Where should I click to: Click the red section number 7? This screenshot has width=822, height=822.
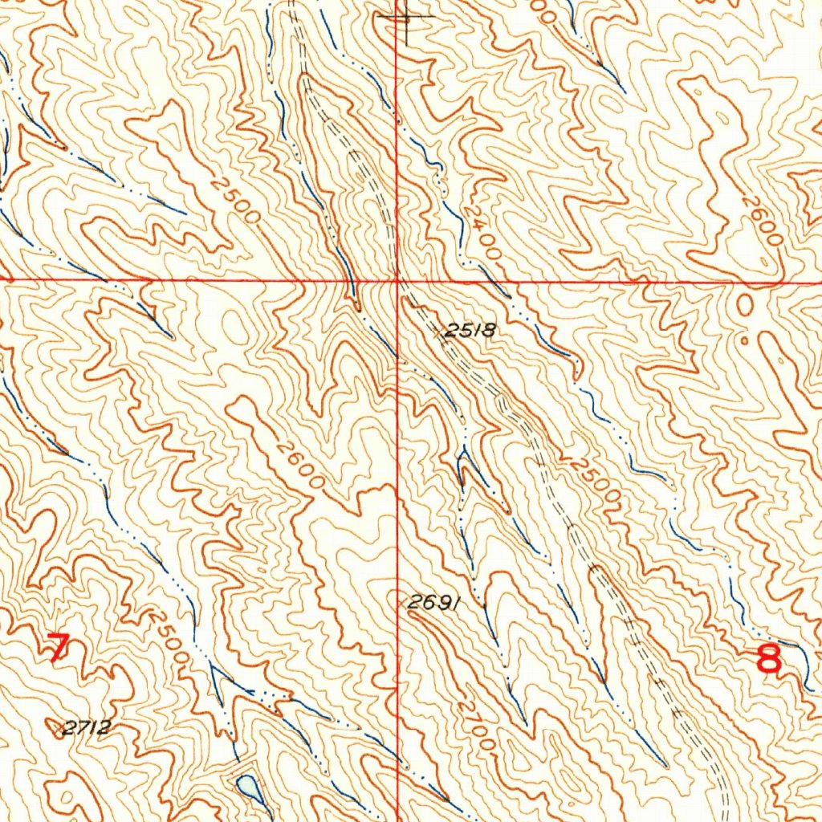click(57, 648)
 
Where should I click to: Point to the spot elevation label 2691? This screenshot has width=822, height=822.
click(433, 602)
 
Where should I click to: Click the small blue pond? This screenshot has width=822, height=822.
click(249, 787)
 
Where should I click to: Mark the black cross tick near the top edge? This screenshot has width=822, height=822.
click(406, 17)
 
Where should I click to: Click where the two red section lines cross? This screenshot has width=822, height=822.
click(397, 280)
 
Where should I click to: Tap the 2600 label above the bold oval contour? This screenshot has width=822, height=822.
click(762, 226)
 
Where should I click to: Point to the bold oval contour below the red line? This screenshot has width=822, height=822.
click(746, 303)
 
